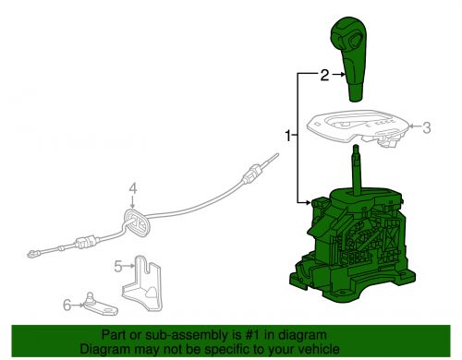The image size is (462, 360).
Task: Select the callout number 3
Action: click(426, 128)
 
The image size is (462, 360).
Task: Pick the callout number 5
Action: click(118, 267)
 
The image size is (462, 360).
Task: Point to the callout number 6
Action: click(67, 303)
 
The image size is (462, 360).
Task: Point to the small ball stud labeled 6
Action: click(92, 299)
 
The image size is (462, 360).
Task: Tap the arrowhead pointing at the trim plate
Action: click(411, 129)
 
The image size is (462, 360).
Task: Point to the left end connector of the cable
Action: click(34, 251)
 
